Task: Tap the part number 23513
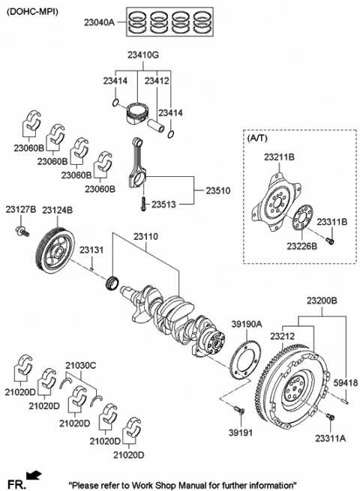point(166,204)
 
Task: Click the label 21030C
point(80,364)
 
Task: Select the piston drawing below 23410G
point(136,111)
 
